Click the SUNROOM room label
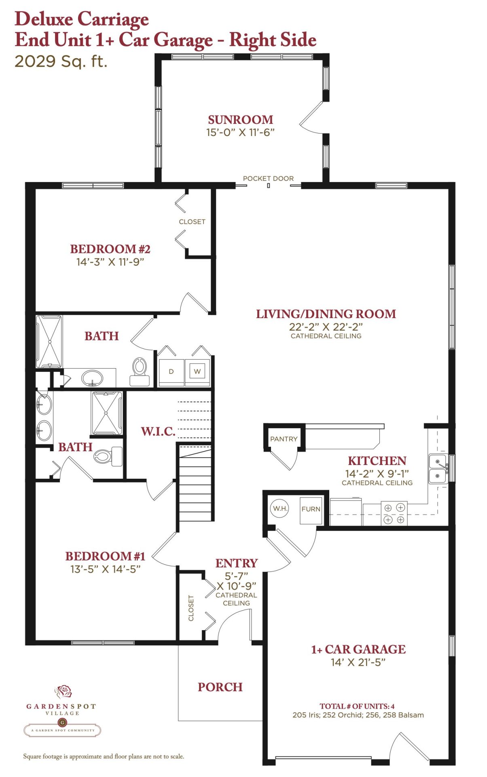pyautogui.click(x=241, y=120)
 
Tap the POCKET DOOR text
pyautogui.click(x=268, y=178)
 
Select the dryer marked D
pyautogui.click(x=171, y=372)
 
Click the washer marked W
pyautogui.click(x=197, y=372)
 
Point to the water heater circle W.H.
pyautogui.click(x=280, y=508)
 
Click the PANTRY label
pyautogui.click(x=284, y=439)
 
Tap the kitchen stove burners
pyautogui.click(x=394, y=513)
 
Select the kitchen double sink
pyautogui.click(x=439, y=469)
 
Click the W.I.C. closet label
pyautogui.click(x=158, y=431)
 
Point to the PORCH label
pyautogui.click(x=220, y=687)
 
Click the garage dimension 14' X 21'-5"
pyautogui.click(x=358, y=662)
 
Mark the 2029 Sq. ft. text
pyautogui.click(x=61, y=62)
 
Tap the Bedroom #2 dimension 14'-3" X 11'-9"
pyautogui.click(x=110, y=262)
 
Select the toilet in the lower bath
pyautogui.click(x=108, y=456)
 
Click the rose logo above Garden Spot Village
pyautogui.click(x=64, y=691)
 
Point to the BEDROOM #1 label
pyautogui.click(x=105, y=556)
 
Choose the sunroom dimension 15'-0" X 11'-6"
pyautogui.click(x=240, y=132)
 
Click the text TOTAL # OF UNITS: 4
pyautogui.click(x=357, y=706)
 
